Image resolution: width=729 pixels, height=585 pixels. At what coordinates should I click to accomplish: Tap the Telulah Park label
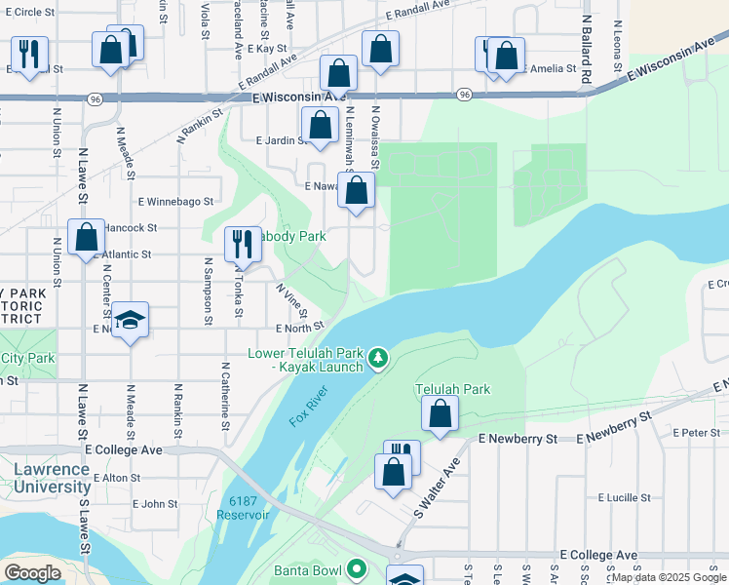point(452,389)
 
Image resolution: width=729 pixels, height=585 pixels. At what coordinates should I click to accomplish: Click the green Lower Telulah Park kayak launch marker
point(379,361)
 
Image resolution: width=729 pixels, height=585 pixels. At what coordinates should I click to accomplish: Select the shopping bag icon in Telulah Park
point(441,412)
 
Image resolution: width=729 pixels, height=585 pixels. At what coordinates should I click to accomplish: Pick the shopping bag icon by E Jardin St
point(320,124)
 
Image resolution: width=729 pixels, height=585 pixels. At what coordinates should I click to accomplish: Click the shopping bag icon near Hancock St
point(87,237)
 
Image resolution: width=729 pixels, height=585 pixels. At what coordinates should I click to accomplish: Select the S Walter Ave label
point(436,490)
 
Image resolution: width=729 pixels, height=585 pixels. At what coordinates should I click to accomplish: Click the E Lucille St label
point(624,497)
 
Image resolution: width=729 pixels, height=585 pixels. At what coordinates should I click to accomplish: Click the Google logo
point(32,572)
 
